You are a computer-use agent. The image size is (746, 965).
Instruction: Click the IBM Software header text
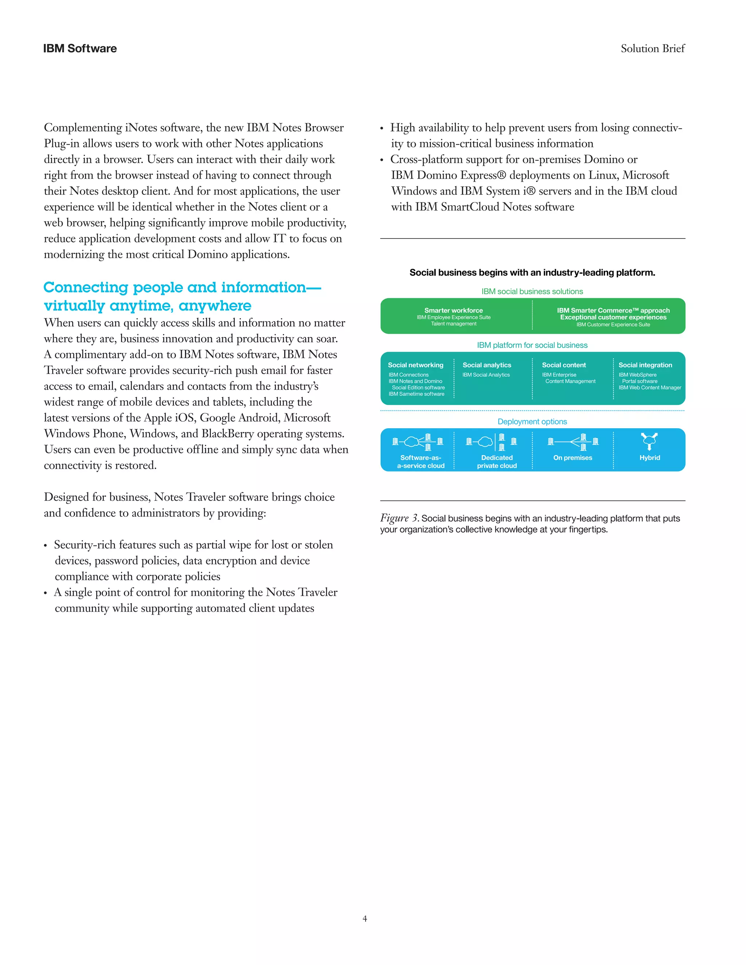pyautogui.click(x=80, y=48)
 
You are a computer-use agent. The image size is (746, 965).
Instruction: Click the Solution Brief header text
pyautogui.click(x=652, y=48)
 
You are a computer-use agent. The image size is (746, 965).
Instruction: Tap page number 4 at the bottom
pyautogui.click(x=365, y=919)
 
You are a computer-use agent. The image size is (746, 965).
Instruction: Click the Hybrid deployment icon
pyautogui.click(x=649, y=441)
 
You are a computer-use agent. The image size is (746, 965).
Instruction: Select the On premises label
pyautogui.click(x=572, y=458)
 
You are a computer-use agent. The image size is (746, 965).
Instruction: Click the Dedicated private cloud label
pyautogui.click(x=497, y=462)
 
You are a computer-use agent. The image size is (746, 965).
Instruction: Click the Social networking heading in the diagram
pyautogui.click(x=415, y=365)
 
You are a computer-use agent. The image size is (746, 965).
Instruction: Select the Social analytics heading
pyautogui.click(x=487, y=365)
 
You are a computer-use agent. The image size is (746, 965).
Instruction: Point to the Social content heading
pyautogui.click(x=564, y=365)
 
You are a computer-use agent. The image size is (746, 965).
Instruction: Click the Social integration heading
pyautogui.click(x=645, y=365)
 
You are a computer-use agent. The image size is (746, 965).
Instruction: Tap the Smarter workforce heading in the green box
pyautogui.click(x=454, y=310)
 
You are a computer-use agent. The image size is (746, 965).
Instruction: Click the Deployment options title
pyautogui.click(x=532, y=422)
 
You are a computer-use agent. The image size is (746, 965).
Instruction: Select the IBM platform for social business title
pyautogui.click(x=532, y=345)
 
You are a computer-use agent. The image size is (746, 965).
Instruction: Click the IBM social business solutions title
pyautogui.click(x=532, y=292)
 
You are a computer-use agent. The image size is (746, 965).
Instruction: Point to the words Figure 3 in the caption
pyautogui.click(x=399, y=518)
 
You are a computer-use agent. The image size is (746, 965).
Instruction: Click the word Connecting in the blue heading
pyautogui.click(x=86, y=288)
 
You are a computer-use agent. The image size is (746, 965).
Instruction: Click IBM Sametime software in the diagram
pyautogui.click(x=416, y=394)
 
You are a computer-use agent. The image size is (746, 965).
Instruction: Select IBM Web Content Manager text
pyautogui.click(x=650, y=387)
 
